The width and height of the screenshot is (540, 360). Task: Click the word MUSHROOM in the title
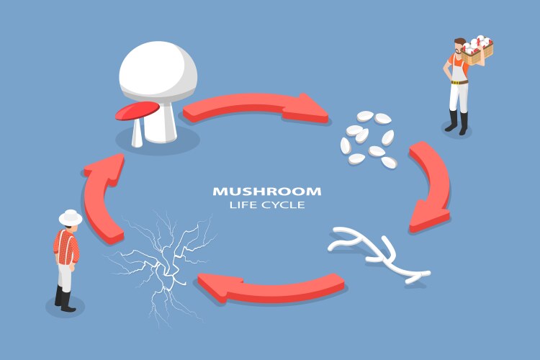point(266,192)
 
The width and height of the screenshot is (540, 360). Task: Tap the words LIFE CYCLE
point(266,205)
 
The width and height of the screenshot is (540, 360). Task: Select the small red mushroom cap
point(136,110)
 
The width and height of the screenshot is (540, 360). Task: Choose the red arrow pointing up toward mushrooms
point(101,202)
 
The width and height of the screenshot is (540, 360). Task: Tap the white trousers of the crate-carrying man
point(459,94)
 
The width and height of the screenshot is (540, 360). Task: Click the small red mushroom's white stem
point(137,132)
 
